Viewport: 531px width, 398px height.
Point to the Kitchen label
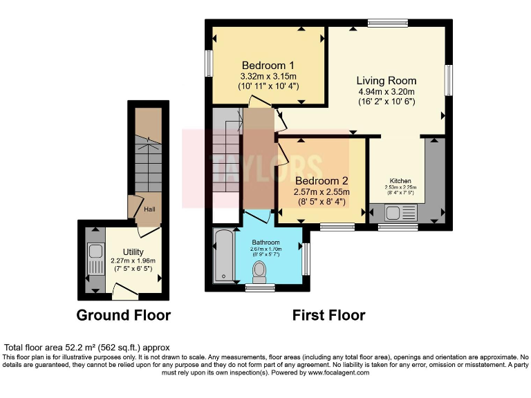pyautogui.click(x=400, y=180)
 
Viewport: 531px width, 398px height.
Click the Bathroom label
pyautogui.click(x=266, y=243)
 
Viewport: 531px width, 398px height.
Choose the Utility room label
pyautogui.click(x=133, y=251)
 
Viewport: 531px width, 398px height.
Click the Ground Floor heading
pyautogui.click(x=123, y=316)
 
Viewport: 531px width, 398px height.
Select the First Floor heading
pyautogui.click(x=328, y=316)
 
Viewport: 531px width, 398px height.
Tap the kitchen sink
pyautogui.click(x=399, y=213)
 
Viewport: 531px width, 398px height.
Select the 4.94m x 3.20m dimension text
pyautogui.click(x=386, y=92)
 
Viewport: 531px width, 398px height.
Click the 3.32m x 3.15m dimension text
pyautogui.click(x=268, y=76)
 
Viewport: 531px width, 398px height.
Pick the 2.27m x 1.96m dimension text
pyautogui.click(x=133, y=260)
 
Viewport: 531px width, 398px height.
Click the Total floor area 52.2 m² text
pyautogui.click(x=87, y=347)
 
